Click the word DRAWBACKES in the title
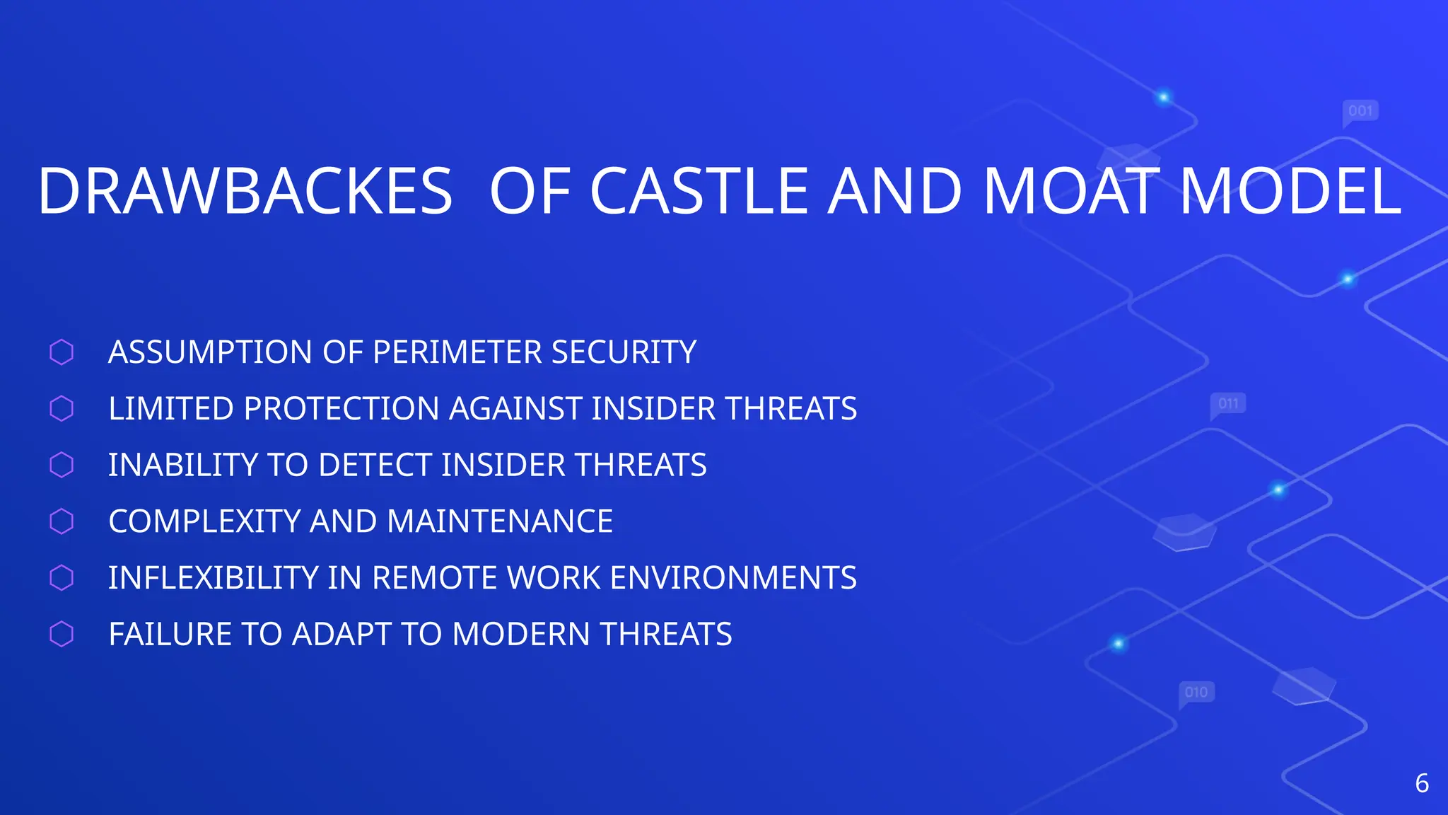pos(245,191)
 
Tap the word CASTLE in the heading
pos(699,191)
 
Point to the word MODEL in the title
pos(1291,191)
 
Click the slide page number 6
pos(1422,784)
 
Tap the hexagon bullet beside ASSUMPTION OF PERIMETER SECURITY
pos(62,352)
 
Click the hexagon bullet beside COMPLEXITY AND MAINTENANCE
pos(62,521)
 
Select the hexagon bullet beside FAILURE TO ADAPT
pos(62,634)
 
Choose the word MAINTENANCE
pos(499,521)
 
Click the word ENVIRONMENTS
pos(733,578)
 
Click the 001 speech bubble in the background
pos(1360,111)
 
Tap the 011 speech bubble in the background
pos(1228,404)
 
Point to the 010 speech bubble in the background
pos(1196,692)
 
